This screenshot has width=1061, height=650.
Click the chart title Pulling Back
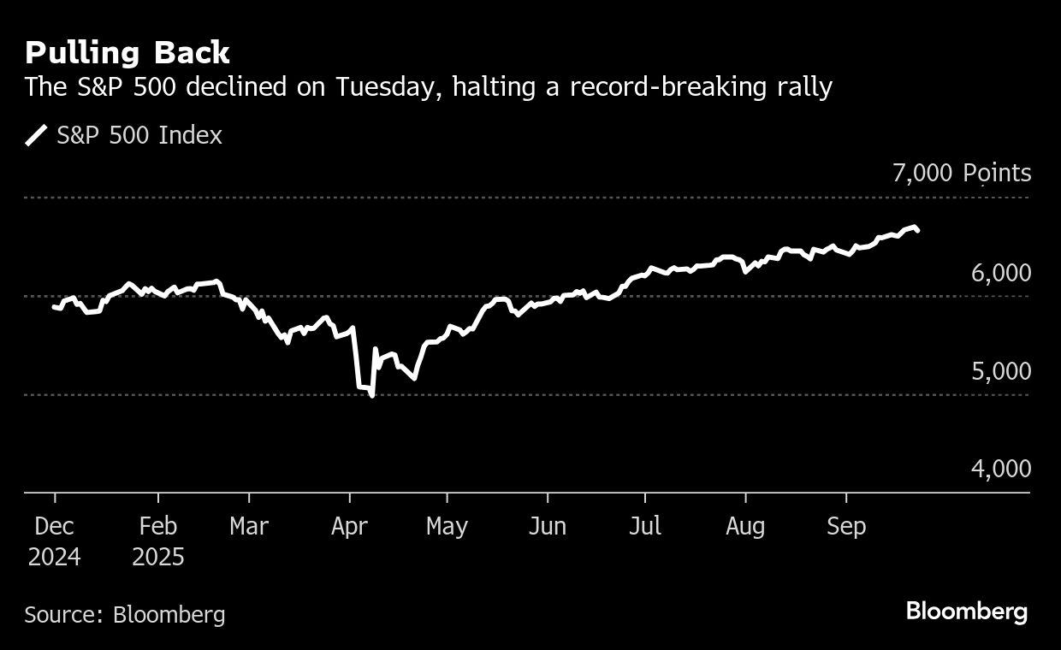tap(127, 53)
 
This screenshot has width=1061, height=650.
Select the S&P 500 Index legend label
tap(139, 135)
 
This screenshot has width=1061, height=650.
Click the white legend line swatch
tap(37, 135)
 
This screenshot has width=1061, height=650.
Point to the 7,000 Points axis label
tap(961, 174)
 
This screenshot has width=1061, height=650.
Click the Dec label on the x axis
tap(54, 526)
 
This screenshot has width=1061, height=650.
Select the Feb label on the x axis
tap(158, 526)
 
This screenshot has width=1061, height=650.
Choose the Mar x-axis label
tap(249, 526)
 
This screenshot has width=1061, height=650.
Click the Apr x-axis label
tap(349, 526)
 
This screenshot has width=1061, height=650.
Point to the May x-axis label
tap(447, 526)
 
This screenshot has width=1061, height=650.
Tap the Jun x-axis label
tap(547, 526)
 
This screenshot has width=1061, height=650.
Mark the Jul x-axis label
tap(644, 526)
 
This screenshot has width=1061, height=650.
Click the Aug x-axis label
tap(745, 526)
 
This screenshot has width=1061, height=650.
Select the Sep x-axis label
tap(846, 526)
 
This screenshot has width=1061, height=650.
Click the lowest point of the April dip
tap(371, 395)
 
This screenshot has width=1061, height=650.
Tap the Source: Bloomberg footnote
tap(125, 614)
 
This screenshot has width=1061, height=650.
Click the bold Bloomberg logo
tap(967, 612)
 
